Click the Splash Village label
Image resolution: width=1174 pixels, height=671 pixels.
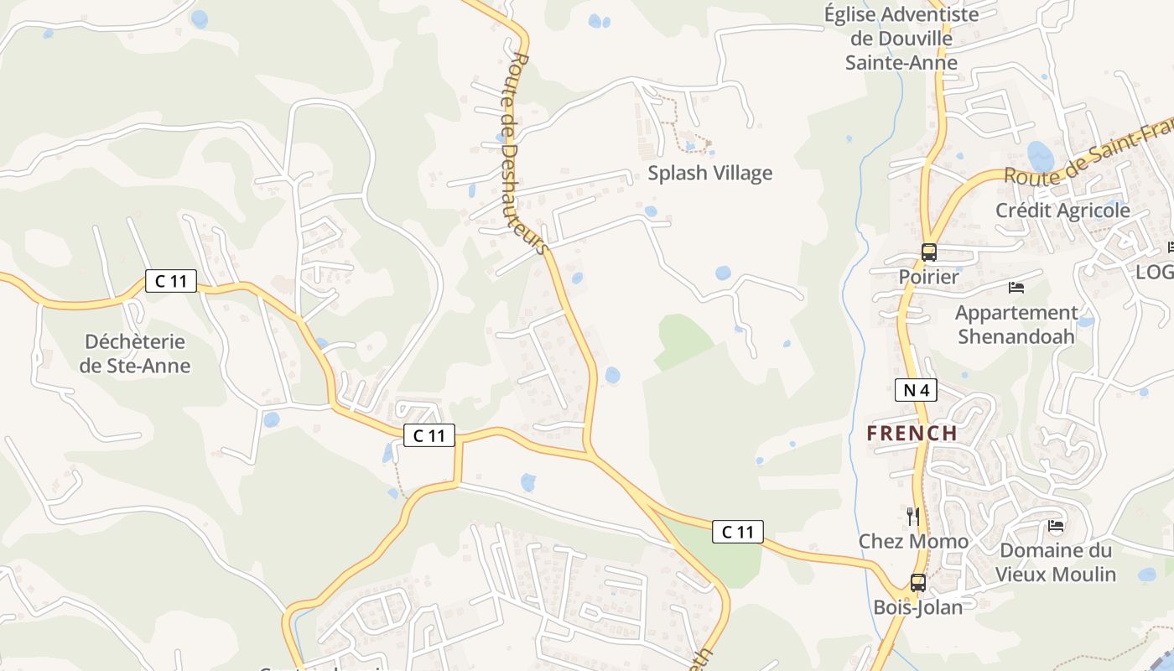click(709, 174)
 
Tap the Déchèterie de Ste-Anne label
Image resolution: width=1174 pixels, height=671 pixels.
click(135, 354)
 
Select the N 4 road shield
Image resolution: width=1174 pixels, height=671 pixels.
click(916, 389)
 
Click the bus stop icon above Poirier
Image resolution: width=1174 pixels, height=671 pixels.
click(929, 252)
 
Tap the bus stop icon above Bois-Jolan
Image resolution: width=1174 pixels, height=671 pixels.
click(918, 582)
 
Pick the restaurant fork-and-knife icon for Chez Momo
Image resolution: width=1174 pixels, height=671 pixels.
click(913, 516)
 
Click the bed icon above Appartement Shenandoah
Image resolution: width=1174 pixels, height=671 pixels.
click(1016, 288)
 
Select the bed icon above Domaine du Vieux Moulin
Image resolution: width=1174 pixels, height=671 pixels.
click(1056, 526)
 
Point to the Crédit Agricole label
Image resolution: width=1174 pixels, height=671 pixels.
click(1062, 211)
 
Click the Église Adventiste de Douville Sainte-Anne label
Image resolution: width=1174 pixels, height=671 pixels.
click(901, 39)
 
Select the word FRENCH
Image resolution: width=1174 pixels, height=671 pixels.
click(912, 433)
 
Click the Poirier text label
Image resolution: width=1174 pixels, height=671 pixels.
click(928, 276)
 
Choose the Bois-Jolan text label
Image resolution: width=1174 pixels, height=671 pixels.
click(918, 606)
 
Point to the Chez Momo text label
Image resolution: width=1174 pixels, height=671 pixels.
click(913, 541)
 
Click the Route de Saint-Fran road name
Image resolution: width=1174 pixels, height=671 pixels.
click(1088, 154)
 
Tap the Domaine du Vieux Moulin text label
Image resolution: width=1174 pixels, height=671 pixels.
click(1056, 562)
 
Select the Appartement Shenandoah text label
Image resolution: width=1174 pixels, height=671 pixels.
click(1016, 325)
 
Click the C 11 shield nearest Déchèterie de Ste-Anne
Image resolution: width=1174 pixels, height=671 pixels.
click(171, 281)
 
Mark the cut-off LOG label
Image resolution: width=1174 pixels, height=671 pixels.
click(1155, 272)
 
